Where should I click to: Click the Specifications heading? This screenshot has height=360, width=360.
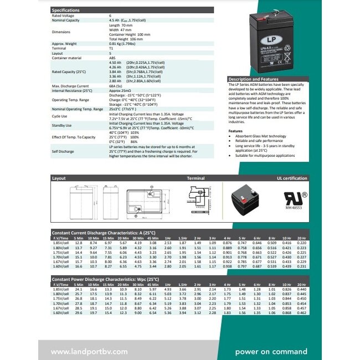pos(65,10)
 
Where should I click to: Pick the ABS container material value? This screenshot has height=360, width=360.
pos(113,58)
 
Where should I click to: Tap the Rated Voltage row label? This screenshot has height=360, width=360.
pos(63,16)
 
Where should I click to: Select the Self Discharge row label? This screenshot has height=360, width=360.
pos(63,151)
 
